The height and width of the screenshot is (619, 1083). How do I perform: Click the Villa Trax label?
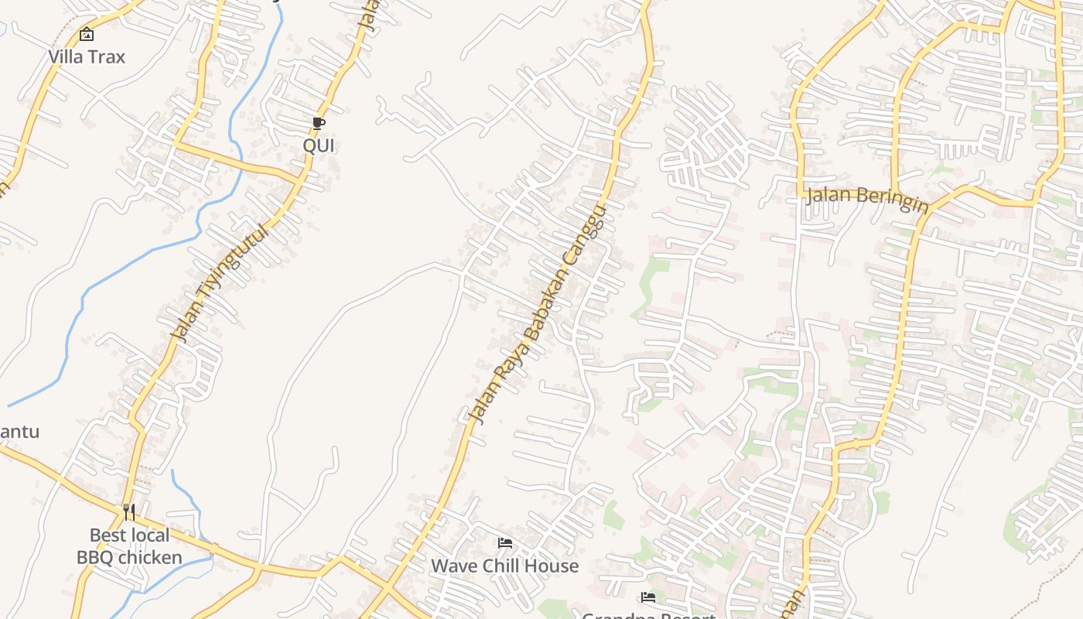pyautogui.click(x=87, y=56)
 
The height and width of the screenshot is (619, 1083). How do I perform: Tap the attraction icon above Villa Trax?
pyautogui.click(x=87, y=34)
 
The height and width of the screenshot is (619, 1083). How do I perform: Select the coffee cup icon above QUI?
pyautogui.click(x=318, y=124)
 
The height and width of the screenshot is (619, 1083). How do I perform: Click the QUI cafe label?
pyautogui.click(x=318, y=145)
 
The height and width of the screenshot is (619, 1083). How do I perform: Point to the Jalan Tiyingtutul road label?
pyautogui.click(x=220, y=283)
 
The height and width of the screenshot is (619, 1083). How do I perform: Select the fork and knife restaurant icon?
pyautogui.click(x=129, y=511)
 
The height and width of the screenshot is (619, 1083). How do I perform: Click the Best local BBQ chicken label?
pyautogui.click(x=129, y=546)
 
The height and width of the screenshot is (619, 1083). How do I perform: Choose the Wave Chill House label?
pyautogui.click(x=504, y=566)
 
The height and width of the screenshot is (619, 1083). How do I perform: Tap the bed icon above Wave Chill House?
pyautogui.click(x=505, y=543)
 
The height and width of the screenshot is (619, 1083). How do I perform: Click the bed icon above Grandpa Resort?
pyautogui.click(x=648, y=597)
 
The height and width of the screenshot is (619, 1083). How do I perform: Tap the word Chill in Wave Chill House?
pyautogui.click(x=503, y=566)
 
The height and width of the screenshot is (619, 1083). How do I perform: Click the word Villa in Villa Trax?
pyautogui.click(x=66, y=56)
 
